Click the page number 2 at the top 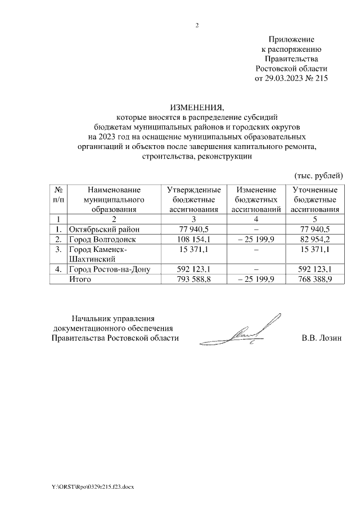click(197, 25)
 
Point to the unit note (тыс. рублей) click(318, 175)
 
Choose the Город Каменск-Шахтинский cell click(97, 254)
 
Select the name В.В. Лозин click(322, 338)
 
